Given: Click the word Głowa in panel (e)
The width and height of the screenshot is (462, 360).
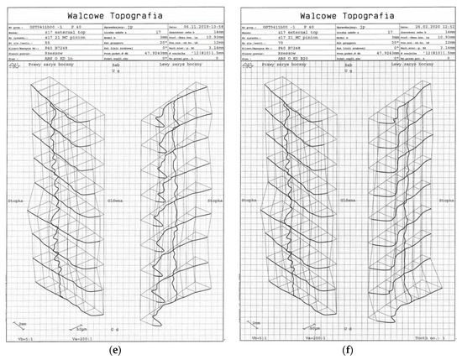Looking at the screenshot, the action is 116,201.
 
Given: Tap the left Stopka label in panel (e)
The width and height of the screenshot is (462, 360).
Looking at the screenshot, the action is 17,201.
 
